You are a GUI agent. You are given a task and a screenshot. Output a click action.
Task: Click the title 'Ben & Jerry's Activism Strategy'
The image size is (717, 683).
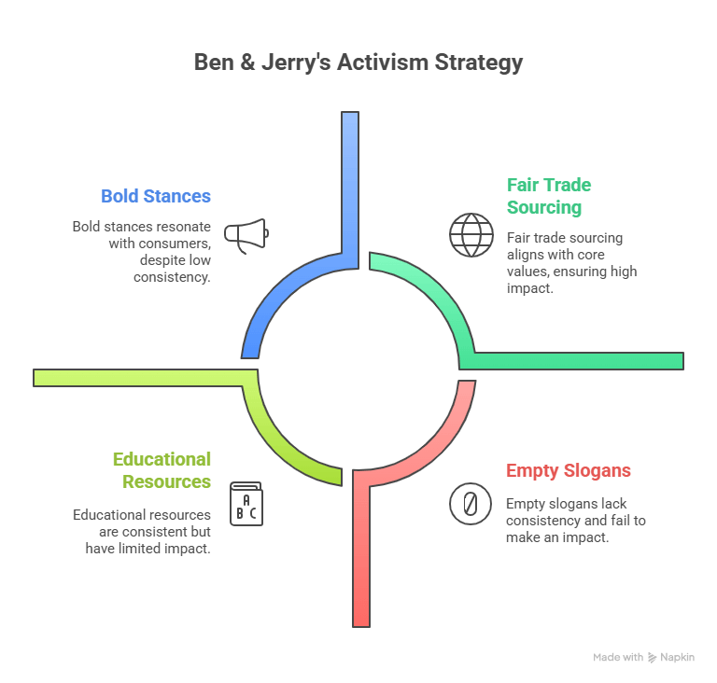click(x=358, y=63)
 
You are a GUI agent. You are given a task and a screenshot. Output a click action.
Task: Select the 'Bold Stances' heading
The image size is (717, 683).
click(x=156, y=196)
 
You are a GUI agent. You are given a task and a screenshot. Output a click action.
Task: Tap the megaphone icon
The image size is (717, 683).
click(x=246, y=235)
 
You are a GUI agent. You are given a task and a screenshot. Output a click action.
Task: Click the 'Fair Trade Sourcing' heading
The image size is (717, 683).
click(x=549, y=196)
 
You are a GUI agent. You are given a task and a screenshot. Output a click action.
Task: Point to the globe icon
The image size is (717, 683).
click(x=471, y=235)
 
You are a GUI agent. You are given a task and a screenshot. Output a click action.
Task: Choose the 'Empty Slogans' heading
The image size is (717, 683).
click(x=569, y=470)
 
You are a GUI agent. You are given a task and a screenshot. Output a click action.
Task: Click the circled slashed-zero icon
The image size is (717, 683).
click(x=471, y=504)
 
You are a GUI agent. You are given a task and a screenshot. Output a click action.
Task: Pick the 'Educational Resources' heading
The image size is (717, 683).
click(x=162, y=470)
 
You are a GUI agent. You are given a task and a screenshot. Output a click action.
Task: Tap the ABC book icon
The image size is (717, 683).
click(x=246, y=504)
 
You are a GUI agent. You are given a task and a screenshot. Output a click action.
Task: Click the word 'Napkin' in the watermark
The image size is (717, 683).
click(x=677, y=658)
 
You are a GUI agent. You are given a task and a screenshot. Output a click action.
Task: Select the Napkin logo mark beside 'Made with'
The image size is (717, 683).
click(x=652, y=658)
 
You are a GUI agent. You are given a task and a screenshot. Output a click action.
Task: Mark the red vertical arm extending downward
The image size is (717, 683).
click(x=360, y=557)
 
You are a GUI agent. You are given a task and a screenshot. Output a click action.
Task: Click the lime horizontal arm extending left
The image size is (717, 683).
click(x=138, y=378)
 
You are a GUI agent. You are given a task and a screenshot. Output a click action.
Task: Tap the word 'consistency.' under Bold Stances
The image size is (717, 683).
click(x=172, y=277)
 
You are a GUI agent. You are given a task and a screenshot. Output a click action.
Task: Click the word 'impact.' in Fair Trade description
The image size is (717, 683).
click(x=530, y=288)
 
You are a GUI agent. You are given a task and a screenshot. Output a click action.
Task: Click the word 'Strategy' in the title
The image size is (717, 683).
click(x=479, y=63)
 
